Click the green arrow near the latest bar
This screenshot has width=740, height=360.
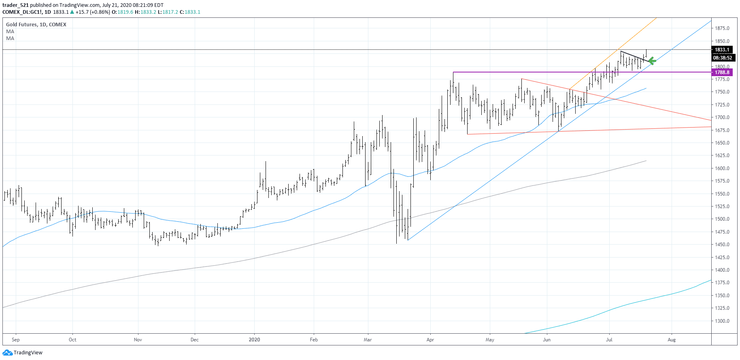point(652,61)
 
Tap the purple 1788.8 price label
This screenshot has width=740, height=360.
point(722,72)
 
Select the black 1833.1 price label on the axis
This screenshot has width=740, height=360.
point(722,50)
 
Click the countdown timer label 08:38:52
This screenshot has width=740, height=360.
point(723,58)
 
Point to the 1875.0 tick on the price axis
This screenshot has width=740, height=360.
point(722,28)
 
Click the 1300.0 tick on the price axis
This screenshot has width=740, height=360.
point(722,321)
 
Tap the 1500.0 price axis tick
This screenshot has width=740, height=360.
point(722,219)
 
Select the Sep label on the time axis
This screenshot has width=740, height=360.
point(16,340)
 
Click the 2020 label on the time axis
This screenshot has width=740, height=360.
point(254,340)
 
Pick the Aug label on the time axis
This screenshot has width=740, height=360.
point(672,340)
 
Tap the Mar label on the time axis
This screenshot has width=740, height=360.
point(368,340)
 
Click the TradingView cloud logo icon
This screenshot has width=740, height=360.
point(7,353)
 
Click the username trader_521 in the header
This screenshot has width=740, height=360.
point(15,5)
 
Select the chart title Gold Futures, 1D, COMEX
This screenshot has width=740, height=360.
point(36,25)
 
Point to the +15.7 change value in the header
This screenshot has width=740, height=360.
point(82,12)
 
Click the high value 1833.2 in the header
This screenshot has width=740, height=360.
point(148,12)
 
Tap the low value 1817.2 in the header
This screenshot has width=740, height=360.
point(170,12)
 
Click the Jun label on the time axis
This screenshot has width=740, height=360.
point(546,340)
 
